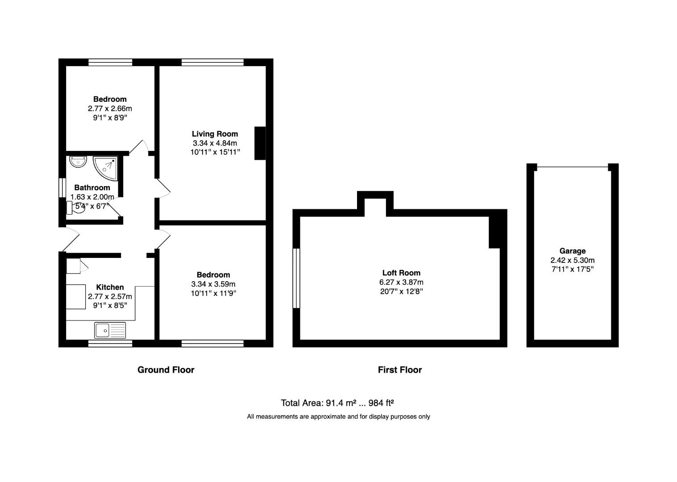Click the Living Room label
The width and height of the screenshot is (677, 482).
215,134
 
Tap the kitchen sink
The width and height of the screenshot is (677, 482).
110,330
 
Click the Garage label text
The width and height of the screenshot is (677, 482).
572,251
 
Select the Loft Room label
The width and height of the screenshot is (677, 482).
401,273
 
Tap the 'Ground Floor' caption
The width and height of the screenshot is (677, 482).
166,370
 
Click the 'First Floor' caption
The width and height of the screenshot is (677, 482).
399,370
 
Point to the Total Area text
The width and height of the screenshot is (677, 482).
337,403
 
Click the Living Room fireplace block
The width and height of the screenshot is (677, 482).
260,143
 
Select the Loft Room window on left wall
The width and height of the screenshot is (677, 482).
296,278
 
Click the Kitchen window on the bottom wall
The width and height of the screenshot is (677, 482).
110,343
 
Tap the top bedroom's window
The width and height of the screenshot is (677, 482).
110,62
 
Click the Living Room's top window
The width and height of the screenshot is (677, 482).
212,62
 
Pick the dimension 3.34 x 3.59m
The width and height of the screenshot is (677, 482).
213,284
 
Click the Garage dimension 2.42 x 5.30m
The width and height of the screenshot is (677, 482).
572,261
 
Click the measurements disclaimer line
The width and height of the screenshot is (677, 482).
338,417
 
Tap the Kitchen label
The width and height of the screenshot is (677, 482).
110,287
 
